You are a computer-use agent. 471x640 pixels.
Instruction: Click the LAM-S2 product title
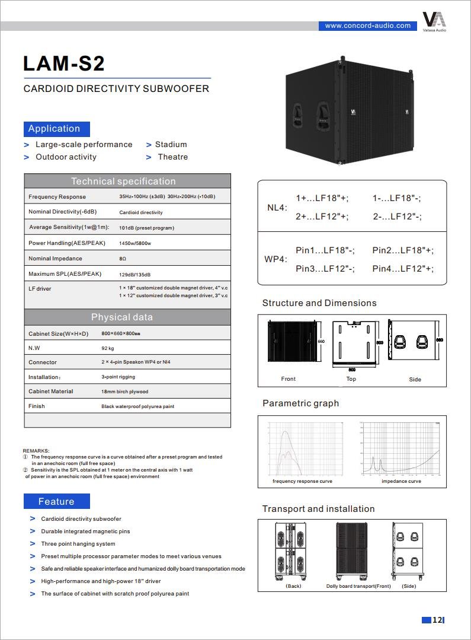64,63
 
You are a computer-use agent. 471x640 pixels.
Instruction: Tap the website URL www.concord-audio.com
368,26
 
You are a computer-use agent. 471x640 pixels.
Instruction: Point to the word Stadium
171,144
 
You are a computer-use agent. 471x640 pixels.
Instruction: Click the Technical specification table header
123,181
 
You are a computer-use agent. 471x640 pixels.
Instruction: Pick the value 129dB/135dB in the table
134,274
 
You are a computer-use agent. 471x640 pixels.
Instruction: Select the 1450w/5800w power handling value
135,243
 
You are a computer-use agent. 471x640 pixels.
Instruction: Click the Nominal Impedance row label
55,259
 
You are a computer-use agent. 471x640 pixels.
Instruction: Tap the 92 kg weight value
107,348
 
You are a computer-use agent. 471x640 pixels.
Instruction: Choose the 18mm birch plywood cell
124,391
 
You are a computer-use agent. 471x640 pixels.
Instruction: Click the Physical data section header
121,317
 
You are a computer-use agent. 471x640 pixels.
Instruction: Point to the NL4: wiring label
277,208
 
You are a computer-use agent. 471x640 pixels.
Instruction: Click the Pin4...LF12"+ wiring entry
403,269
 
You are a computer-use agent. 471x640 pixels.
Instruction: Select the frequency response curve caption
302,481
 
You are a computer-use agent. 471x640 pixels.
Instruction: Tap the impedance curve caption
401,481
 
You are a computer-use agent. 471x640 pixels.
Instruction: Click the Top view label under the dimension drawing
351,379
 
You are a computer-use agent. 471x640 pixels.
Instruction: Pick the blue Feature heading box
57,501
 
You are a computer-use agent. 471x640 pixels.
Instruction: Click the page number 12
437,620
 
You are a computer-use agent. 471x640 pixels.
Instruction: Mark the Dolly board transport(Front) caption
358,586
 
